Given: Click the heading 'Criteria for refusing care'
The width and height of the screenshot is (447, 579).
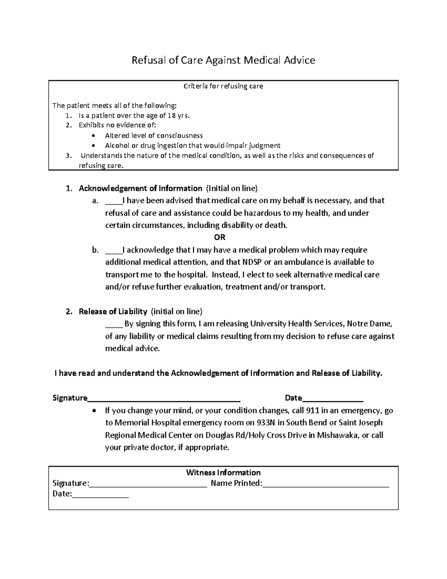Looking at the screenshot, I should (223, 86).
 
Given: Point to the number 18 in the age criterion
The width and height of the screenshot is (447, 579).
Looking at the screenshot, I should (171, 116).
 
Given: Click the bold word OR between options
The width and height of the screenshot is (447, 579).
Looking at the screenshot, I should (220, 237).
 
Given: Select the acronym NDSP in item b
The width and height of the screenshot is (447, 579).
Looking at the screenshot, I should (252, 262).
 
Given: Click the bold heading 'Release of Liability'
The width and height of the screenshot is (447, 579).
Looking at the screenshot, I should (113, 311).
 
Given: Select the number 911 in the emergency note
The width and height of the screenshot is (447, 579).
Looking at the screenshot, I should (312, 410).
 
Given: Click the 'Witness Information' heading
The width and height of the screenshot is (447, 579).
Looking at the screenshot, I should (223, 472).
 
